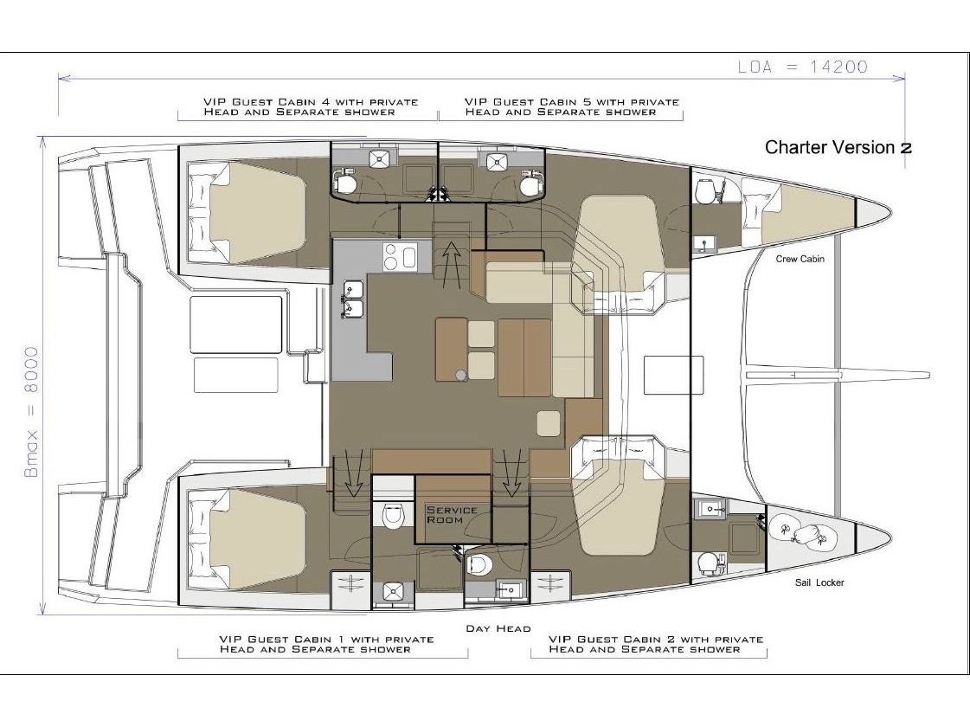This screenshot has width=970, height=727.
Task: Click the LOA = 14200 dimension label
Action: click(x=802, y=67)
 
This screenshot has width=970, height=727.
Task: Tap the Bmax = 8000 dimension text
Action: click(x=31, y=412)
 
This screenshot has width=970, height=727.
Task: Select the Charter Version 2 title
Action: click(x=838, y=147)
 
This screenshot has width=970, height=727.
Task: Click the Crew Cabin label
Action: click(x=800, y=259)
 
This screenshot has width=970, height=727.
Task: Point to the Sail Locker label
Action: click(x=819, y=582)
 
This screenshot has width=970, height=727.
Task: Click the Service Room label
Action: click(x=453, y=515)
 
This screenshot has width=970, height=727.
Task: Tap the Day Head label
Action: click(x=498, y=628)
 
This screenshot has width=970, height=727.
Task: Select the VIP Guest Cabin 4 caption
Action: click(x=311, y=106)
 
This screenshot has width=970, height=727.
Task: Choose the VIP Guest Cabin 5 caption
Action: click(x=572, y=106)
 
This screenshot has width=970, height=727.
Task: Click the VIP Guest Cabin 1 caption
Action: click(x=326, y=644)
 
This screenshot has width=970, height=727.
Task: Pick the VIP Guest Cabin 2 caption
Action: click(x=656, y=644)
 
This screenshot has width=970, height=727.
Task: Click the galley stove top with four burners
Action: click(x=400, y=256)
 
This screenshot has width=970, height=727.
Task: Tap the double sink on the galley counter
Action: click(x=353, y=298)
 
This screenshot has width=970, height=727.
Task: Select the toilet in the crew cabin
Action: click(x=704, y=190)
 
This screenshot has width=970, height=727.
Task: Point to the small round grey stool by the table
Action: click(x=460, y=375)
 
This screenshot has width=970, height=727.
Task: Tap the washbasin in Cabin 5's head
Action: click(x=495, y=162)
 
